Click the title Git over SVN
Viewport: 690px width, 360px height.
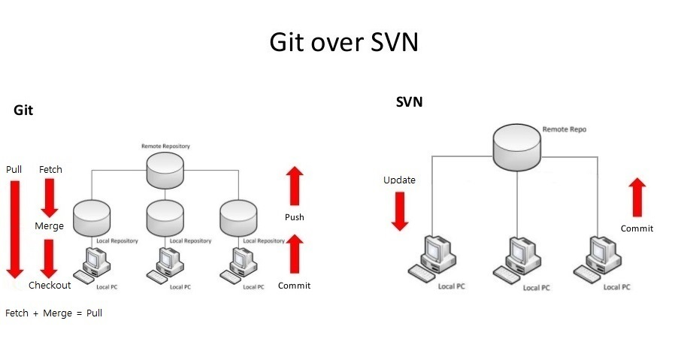[x=343, y=43]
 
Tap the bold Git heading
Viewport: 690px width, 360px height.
[x=23, y=110]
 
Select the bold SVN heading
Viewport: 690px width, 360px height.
[x=409, y=102]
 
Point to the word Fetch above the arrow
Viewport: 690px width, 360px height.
[x=50, y=170]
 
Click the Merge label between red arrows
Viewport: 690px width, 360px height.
[x=49, y=225]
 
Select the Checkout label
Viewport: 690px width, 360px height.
[x=50, y=286]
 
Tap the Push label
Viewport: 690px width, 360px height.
[x=294, y=217]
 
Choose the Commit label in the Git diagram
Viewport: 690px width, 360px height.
[x=294, y=286]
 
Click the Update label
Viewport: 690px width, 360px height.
[x=399, y=180]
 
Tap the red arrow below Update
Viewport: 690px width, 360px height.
[x=400, y=211]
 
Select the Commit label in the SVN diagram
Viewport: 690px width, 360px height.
[x=637, y=228]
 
